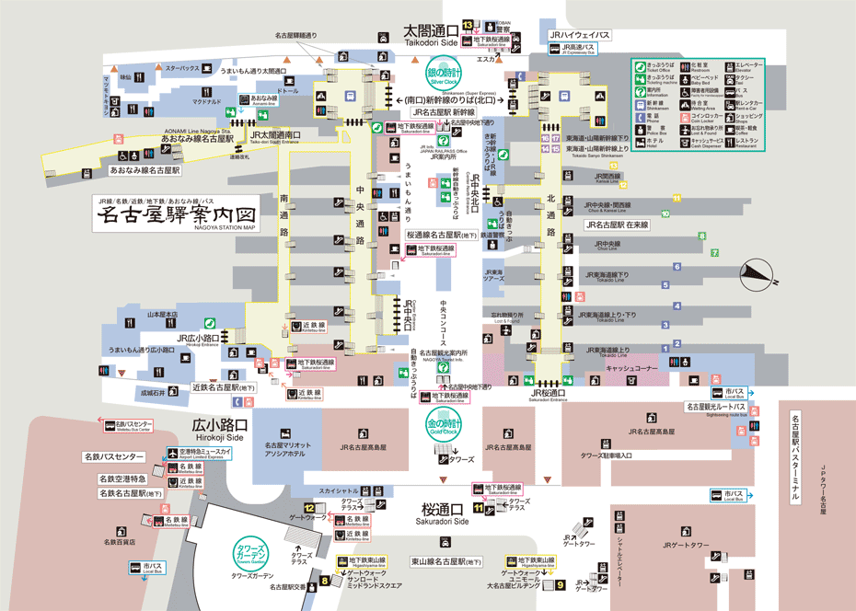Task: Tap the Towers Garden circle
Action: coord(251,550)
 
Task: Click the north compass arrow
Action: coord(757,271)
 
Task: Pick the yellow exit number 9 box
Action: coord(560,583)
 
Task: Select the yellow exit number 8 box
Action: coord(325,581)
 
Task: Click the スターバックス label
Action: coord(182,68)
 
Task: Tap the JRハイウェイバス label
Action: coord(579,34)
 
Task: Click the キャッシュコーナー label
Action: coord(631,368)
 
